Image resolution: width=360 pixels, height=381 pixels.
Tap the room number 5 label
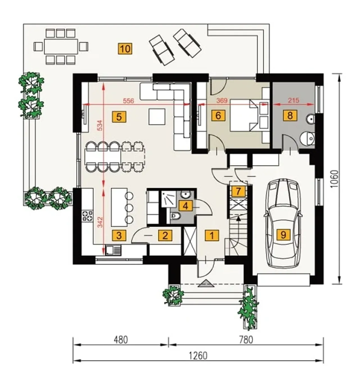click(119, 117)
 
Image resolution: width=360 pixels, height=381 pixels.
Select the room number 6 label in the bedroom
click(218, 115)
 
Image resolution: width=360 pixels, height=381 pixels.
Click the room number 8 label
click(290, 115)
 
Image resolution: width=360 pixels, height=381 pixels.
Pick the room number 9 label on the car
click(283, 235)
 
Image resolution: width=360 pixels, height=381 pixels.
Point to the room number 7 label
click(238, 191)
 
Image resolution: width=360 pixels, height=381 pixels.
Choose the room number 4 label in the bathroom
click(185, 206)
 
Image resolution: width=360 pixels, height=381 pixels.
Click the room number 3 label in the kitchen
click(119, 235)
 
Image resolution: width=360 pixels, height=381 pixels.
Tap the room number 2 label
click(165, 235)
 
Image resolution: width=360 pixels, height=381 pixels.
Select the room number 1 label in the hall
click(212, 235)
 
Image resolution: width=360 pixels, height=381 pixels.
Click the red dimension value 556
click(128, 101)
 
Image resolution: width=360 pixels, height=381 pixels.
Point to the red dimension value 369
click(222, 100)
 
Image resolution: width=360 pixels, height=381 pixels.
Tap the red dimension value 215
click(294, 100)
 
